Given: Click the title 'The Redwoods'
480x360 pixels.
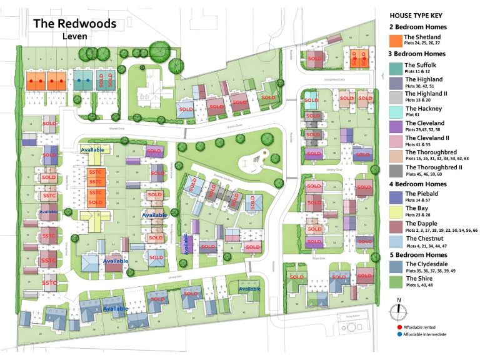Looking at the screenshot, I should tap(74, 24).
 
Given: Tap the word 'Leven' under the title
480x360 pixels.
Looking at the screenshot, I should tap(74, 36).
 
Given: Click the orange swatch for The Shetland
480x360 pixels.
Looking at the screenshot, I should tap(395, 41).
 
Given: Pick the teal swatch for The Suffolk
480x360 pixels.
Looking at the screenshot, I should tap(395, 68).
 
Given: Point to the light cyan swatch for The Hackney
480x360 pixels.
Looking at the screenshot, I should tap(395, 111).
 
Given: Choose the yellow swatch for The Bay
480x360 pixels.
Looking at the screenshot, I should tap(395, 211).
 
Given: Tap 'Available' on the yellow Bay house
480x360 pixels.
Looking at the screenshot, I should tap(92, 150).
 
